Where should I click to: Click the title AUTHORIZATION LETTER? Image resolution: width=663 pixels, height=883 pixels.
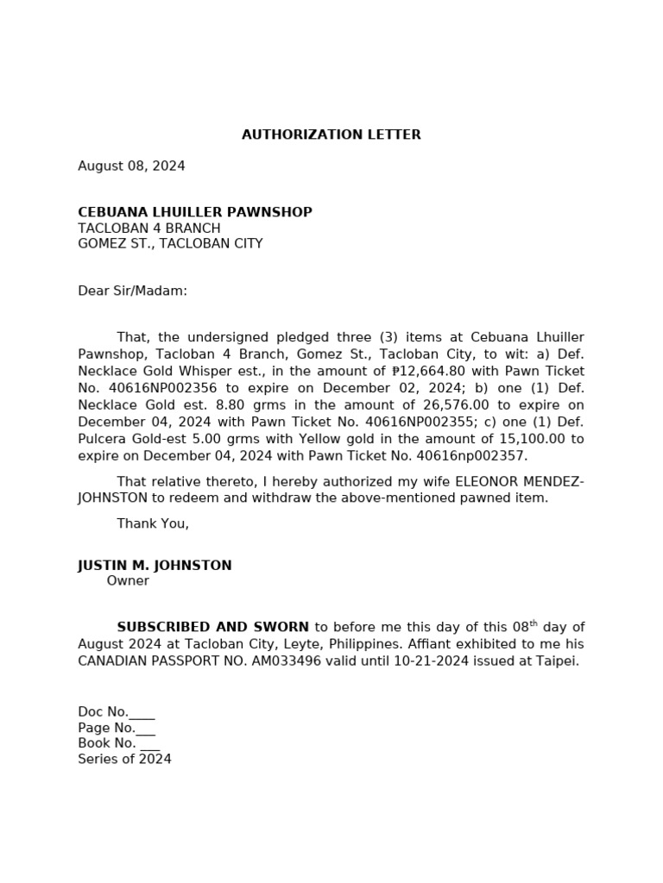coord(331,135)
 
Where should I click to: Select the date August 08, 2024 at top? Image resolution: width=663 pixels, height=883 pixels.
coord(131,166)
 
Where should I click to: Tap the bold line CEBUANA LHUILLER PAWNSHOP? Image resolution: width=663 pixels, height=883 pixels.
coord(195,212)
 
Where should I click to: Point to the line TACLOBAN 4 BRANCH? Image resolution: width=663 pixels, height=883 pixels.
coord(149,229)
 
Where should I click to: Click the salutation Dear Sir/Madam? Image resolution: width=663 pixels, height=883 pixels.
coord(132,291)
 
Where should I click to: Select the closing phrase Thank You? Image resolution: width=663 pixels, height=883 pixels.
coord(153,523)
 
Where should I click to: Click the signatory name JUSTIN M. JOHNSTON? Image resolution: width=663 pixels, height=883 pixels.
coord(155,566)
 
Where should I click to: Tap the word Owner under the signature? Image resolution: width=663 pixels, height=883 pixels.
coord(128,581)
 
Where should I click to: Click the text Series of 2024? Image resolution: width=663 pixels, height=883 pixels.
coord(124,760)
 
